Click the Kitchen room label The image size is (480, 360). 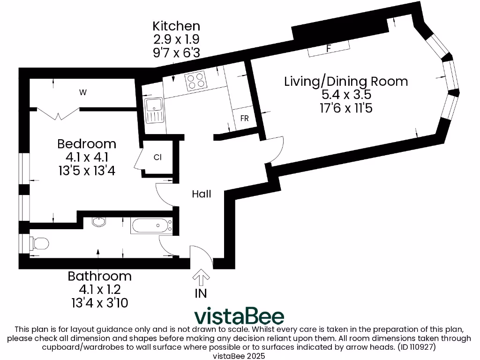coord(176,26)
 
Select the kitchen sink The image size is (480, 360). coord(153,111)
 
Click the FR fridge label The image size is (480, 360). coord(244,119)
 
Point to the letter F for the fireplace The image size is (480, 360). coord(329,48)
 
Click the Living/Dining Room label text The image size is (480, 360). coord(346,81)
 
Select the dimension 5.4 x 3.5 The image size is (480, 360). coord(346,95)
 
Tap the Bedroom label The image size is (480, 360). coord(87,143)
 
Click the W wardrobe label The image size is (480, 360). coord(83,92)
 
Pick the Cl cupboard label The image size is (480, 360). coord(157,157)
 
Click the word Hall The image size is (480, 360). coord(201,194)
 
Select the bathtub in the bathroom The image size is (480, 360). coord(151,226)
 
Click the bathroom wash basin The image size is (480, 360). coord(99,221)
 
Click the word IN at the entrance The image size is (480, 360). coord(201,293)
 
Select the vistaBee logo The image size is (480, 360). coord(239,316)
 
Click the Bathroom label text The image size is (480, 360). coord(100,276)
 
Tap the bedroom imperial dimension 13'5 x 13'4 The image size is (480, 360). coord(87,171)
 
